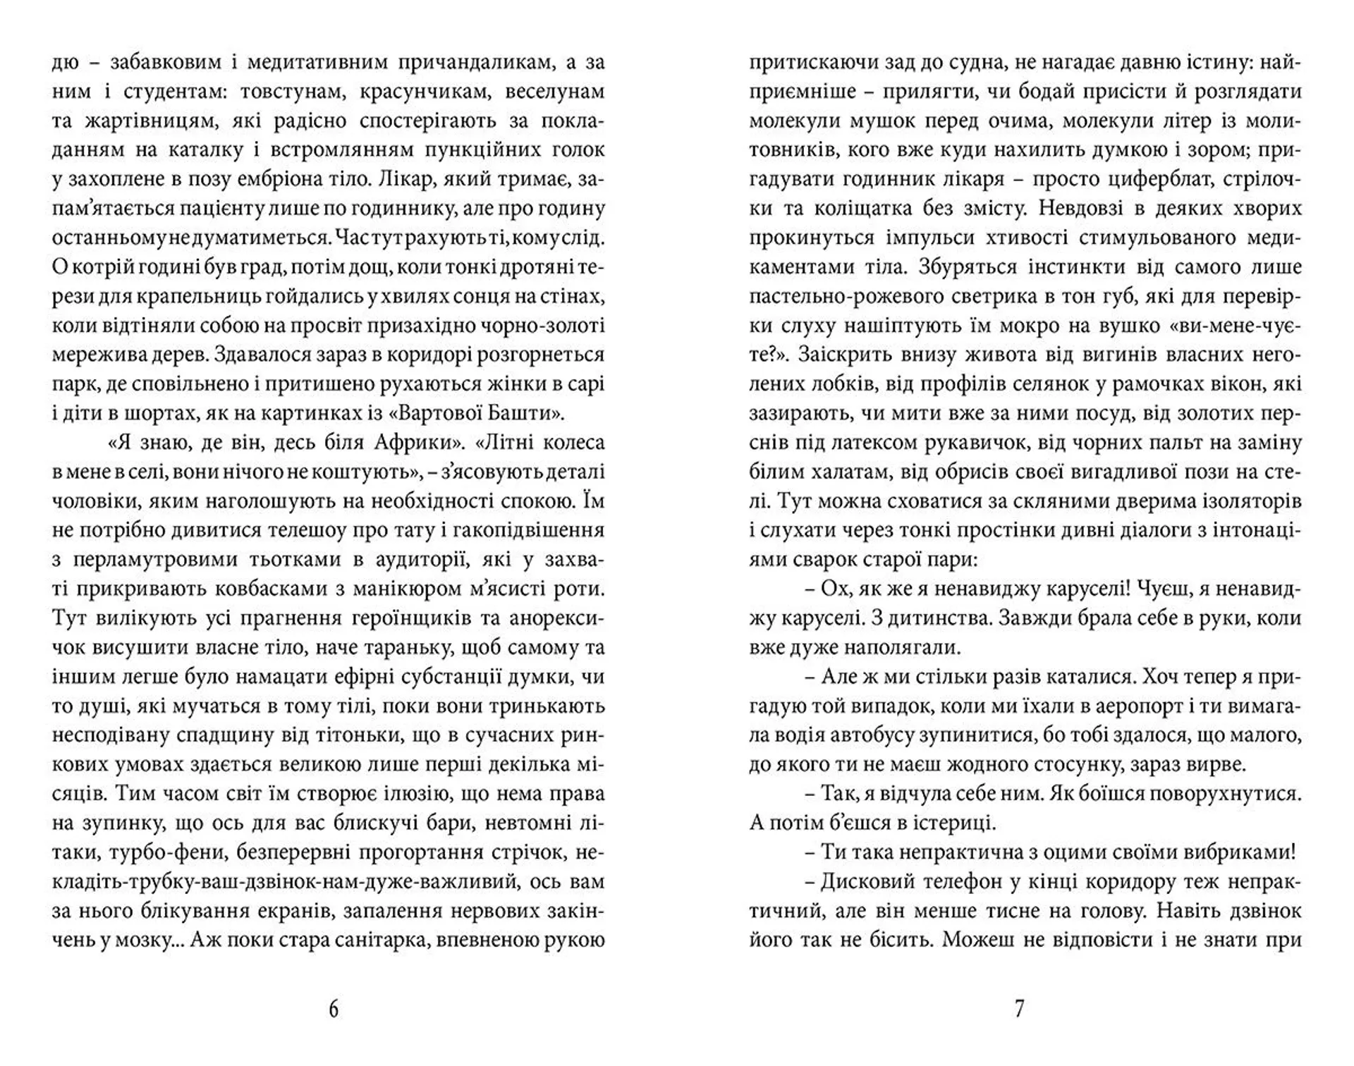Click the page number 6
tap(334, 1010)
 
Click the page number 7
tap(1019, 1010)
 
